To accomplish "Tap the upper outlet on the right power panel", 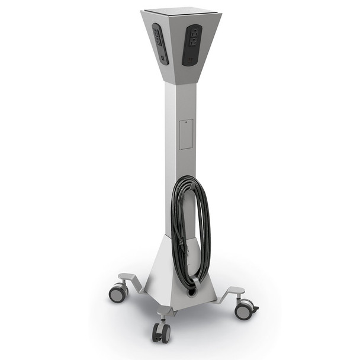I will click(192, 33).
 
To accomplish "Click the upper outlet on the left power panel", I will click(158, 34).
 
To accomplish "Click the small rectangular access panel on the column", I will click(186, 134).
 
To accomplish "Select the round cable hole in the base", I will click(193, 291).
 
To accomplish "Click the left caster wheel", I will click(118, 292).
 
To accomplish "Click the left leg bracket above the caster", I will click(130, 278).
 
